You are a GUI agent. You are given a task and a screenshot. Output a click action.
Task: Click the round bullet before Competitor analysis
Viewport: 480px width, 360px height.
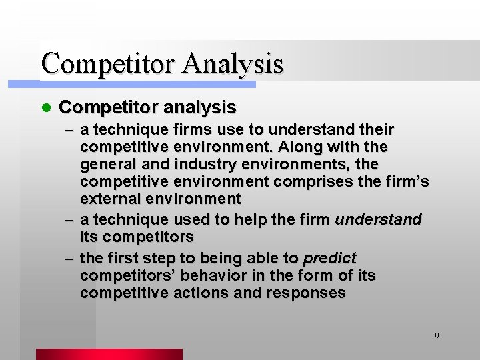pos(45,107)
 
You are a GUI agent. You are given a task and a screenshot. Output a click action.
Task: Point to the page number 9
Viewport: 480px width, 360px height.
pos(437,336)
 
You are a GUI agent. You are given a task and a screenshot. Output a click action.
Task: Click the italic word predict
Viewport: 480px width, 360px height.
pos(329,258)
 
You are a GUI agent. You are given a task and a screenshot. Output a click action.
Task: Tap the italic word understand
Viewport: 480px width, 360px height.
pos(378,219)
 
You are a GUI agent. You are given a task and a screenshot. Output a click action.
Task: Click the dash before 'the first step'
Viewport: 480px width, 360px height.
pos(69,258)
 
